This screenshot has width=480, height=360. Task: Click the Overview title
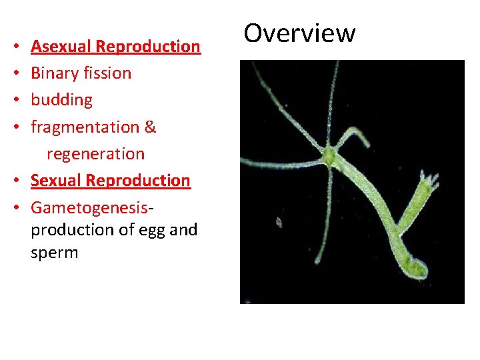coord(299,33)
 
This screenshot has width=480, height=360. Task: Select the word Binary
coord(52,73)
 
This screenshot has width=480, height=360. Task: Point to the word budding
coord(61,100)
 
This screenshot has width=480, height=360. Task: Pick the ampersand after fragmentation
coord(150,127)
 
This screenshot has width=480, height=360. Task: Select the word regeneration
coord(95,153)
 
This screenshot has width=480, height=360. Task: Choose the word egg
coord(153,231)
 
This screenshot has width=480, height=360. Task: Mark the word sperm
coord(54,253)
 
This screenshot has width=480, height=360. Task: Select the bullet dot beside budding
coord(15,101)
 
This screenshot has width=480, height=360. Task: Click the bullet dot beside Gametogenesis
coord(15,207)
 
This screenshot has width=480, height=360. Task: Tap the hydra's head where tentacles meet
coord(329,157)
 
